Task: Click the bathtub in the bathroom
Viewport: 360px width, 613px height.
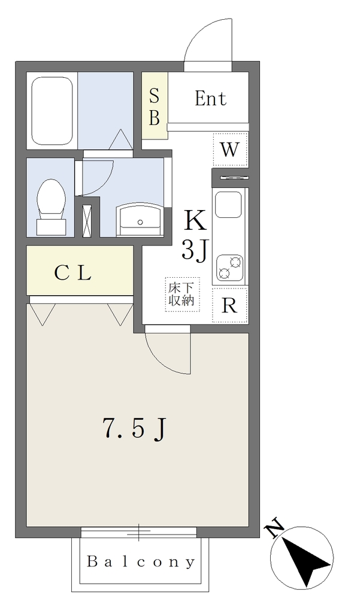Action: pos(52,111)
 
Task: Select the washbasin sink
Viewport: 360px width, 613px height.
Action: pos(141,220)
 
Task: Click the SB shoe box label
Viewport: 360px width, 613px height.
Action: pos(155,107)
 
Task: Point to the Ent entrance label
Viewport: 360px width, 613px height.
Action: pos(210,98)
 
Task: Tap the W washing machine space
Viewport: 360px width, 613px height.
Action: pos(230,149)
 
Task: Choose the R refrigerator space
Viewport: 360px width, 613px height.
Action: pos(229,306)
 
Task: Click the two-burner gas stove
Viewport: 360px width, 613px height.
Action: pos(229,267)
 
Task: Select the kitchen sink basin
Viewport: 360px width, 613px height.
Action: pos(228,205)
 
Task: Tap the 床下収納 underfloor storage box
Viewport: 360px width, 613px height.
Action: pos(181,295)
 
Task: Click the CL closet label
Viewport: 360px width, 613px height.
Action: pos(73,273)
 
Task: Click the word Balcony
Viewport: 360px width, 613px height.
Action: pos(141,562)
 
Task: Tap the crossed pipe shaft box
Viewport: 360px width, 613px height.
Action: pos(87,220)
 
